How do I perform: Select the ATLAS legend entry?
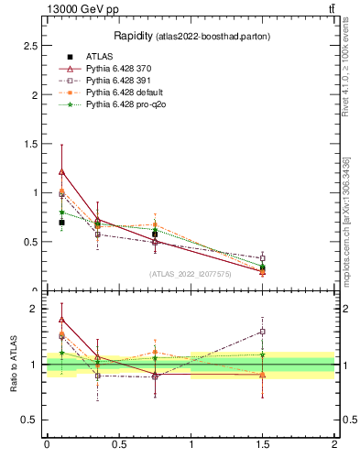(102, 57)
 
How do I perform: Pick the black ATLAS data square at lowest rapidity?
(61, 223)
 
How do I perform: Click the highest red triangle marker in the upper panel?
(61, 171)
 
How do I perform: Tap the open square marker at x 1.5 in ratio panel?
(262, 332)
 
